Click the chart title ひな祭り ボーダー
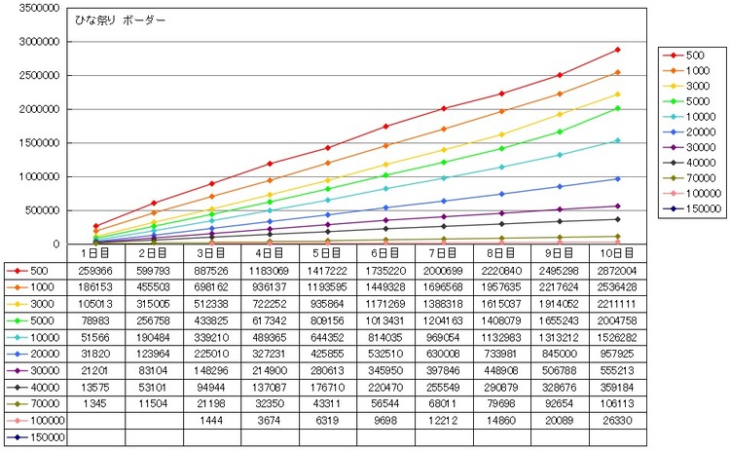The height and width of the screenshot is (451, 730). [x=120, y=20]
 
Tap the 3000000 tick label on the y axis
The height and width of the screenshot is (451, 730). [x=40, y=42]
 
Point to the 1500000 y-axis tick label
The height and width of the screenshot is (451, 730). [x=40, y=143]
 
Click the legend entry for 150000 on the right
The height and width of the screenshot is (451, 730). [x=692, y=208]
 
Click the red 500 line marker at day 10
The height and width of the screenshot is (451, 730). [x=618, y=50]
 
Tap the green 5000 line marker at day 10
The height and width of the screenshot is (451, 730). [x=618, y=108]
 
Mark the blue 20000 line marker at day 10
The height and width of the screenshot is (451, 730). [x=618, y=179]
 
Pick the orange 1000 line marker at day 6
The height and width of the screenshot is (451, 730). [x=385, y=146]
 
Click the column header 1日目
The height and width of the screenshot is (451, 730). [x=95, y=253]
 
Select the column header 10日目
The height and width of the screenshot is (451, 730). [x=617, y=253]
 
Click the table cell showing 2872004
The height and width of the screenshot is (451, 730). [x=617, y=271]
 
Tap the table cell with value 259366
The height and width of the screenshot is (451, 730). [x=95, y=271]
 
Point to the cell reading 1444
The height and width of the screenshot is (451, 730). [x=211, y=420]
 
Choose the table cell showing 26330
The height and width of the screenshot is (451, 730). [x=617, y=420]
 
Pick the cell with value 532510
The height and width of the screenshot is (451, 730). [x=385, y=354]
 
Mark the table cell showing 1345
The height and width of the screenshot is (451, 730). [x=95, y=403]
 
